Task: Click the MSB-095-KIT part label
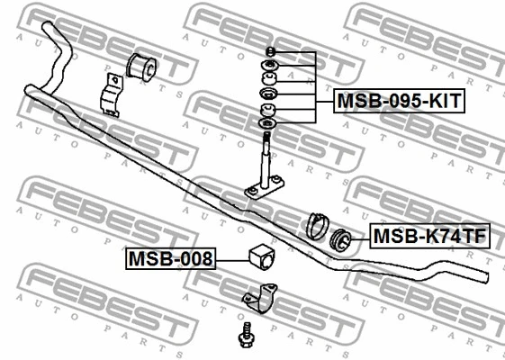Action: [399, 101]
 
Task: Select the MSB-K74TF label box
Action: [429, 236]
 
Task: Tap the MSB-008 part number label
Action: [171, 258]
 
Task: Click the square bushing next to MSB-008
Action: [263, 256]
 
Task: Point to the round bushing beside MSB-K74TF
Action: [341, 239]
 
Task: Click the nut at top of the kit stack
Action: [270, 51]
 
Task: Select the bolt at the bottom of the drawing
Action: [247, 335]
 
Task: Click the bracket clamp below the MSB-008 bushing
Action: [260, 298]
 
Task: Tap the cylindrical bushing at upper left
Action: [141, 67]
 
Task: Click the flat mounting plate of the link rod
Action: [264, 188]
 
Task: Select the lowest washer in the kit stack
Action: [267, 122]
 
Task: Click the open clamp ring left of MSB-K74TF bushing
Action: [317, 226]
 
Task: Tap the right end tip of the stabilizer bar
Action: [487, 277]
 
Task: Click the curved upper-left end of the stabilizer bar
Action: [56, 55]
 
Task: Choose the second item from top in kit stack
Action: [270, 65]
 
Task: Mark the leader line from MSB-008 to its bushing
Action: [232, 260]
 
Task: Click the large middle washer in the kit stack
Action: [267, 94]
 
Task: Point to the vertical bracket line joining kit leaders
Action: [315, 87]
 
